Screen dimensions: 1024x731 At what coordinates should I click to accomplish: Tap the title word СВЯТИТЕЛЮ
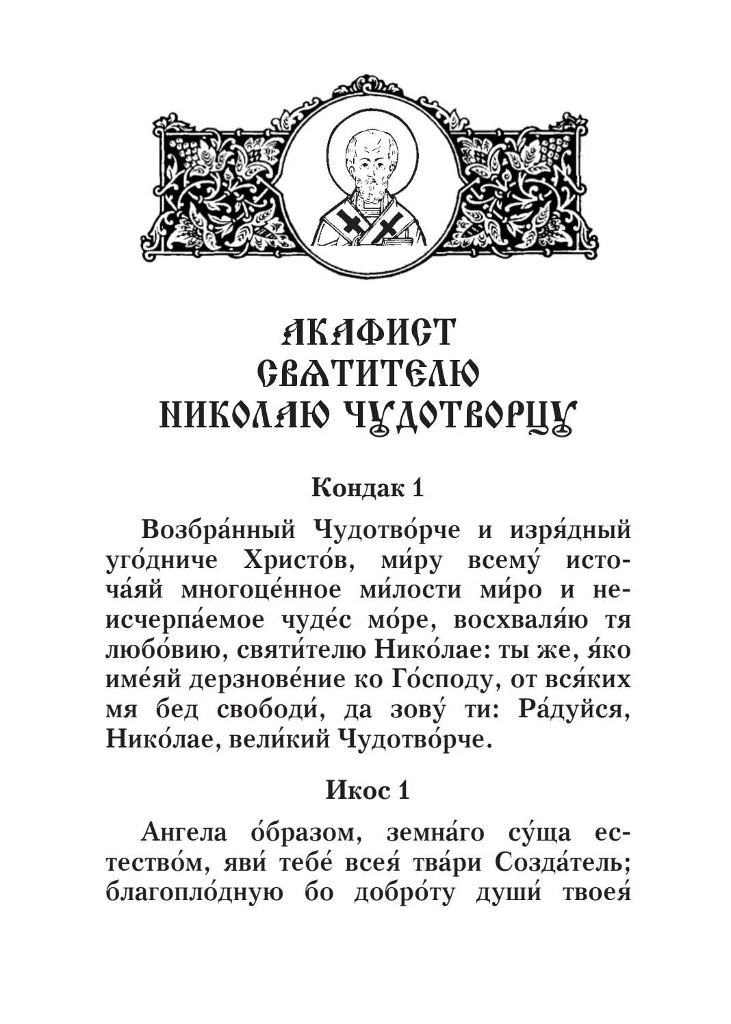point(368,374)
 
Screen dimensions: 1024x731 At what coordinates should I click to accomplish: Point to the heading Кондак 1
point(368,488)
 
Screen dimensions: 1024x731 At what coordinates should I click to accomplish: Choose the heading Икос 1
point(368,791)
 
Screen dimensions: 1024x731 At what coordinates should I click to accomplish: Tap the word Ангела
point(183,833)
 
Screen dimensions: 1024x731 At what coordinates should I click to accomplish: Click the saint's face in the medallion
point(370,164)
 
